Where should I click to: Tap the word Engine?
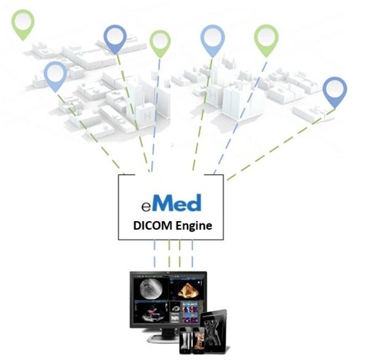click(194, 226)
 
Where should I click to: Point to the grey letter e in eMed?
click(146, 207)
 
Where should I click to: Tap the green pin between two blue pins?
click(160, 44)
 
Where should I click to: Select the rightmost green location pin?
click(266, 41)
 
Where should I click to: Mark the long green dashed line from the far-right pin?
click(281, 144)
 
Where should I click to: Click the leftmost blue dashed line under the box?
click(155, 253)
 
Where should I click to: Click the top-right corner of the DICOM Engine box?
click(223, 175)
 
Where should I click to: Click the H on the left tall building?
click(148, 115)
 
